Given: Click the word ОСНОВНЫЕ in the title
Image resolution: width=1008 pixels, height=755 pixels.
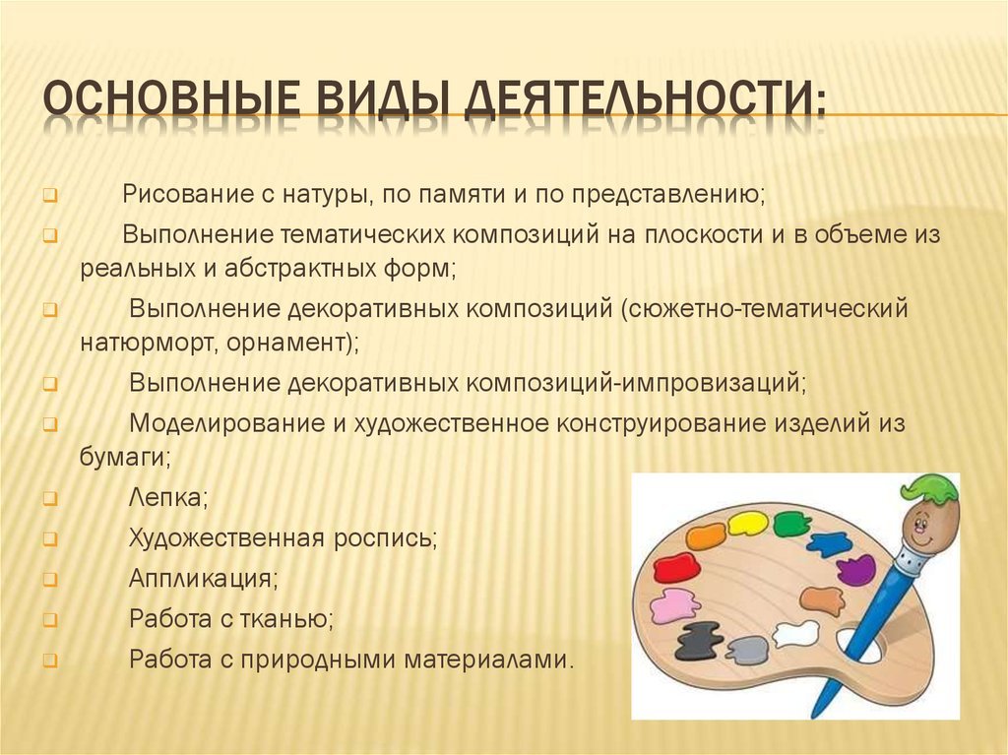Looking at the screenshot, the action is coord(171,97).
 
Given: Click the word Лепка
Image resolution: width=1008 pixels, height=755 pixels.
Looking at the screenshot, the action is coord(168,497).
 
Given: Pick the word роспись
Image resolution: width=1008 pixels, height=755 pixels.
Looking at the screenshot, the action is coord(385,537).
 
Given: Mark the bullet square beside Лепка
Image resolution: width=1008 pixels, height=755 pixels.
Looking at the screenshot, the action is coord(50,499).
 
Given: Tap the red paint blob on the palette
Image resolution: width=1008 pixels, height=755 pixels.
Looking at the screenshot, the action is coord(676,567).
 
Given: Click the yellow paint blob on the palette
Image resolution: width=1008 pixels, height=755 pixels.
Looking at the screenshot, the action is coord(748,524).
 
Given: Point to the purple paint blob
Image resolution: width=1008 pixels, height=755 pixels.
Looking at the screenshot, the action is coord(856,570).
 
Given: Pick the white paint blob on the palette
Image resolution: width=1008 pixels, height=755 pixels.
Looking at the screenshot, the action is coord(795,634).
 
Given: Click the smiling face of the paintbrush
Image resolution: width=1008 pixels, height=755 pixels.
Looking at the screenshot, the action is coord(923,520).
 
